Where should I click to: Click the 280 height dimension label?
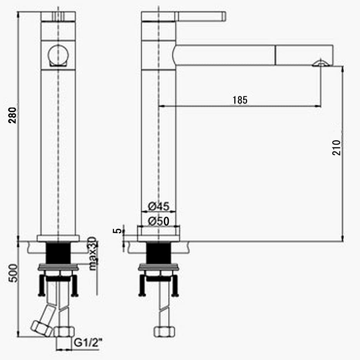[12, 115]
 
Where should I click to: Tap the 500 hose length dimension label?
[13, 273]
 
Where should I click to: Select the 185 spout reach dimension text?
[240, 100]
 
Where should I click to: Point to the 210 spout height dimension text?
[336, 148]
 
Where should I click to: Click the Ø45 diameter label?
[159, 206]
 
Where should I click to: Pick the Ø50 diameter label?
[159, 221]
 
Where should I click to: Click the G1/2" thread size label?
[88, 343]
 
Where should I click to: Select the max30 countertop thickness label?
[92, 254]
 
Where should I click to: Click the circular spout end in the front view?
[58, 55]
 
